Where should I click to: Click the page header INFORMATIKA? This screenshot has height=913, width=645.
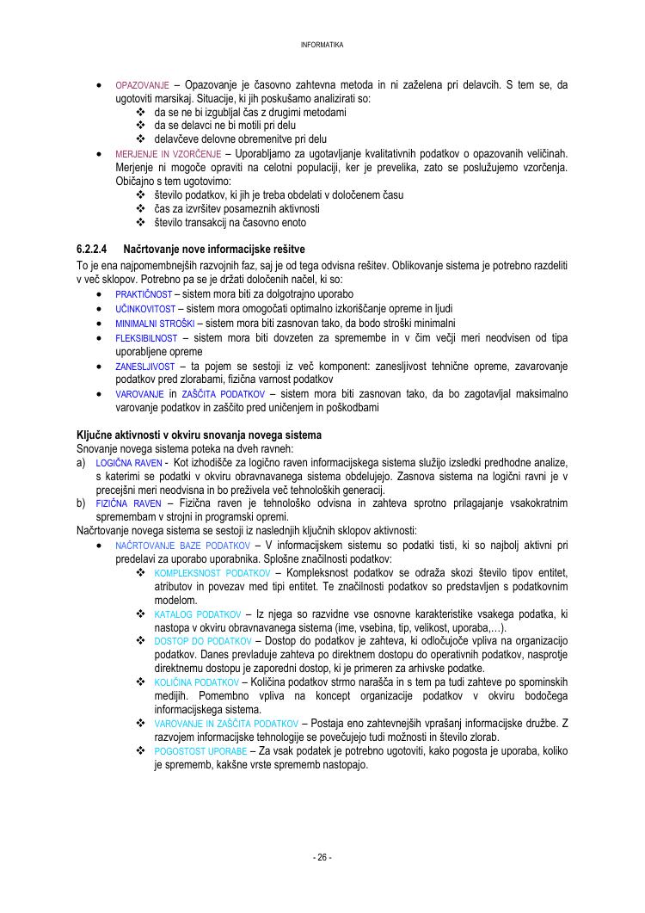tap(322, 45)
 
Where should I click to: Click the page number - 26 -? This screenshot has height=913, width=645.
tap(322, 857)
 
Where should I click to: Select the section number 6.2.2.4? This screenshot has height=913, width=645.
tap(93, 249)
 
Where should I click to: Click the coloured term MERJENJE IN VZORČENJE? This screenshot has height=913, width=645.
tap(167, 154)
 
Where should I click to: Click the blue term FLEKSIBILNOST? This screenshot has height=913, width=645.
tap(146, 338)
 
